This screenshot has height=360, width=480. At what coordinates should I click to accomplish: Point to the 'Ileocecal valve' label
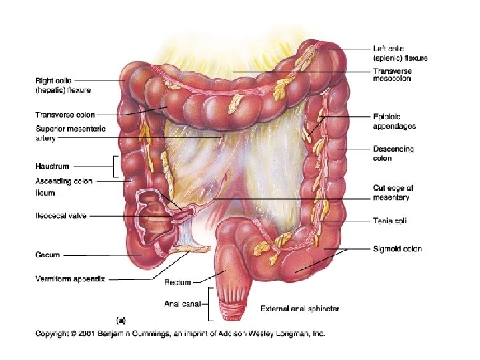61,215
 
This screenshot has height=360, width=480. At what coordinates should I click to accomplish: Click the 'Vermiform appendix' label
69,280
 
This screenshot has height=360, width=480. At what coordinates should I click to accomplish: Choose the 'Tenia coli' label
390,221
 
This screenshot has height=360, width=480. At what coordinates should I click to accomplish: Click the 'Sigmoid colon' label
397,249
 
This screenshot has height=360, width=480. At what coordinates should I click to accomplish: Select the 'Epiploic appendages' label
395,121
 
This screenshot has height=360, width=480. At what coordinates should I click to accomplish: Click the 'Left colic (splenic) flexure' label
399,53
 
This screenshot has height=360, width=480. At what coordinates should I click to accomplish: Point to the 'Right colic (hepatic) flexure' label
63,85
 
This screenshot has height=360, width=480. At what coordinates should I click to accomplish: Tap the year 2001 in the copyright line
87,333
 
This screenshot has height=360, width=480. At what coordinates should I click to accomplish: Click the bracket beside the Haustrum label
116,166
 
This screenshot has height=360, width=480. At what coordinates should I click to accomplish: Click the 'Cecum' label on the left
48,255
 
